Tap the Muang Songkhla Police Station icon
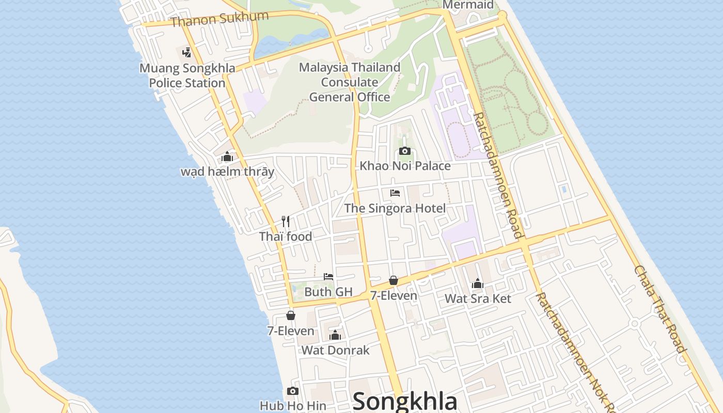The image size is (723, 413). click(187, 52)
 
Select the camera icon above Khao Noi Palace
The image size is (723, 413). click(405, 151)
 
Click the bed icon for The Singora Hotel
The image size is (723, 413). click(395, 193)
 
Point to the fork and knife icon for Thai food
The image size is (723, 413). click(286, 221)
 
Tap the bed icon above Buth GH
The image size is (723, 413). click(328, 277)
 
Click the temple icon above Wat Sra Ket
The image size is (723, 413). click(478, 283)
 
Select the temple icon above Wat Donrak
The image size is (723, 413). click(335, 336)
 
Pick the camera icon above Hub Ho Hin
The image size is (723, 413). click(293, 391)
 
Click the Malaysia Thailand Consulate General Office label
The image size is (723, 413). click(350, 82)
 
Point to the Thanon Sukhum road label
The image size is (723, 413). click(219, 19)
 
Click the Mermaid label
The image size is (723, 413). click(468, 5)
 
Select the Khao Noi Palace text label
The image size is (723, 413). click(405, 166)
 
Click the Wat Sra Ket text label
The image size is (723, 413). click(478, 298)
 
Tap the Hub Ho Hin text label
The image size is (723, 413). click(293, 406)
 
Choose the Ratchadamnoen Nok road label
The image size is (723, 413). click(573, 351)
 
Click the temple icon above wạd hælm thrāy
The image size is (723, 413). click(227, 157)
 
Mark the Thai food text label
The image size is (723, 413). click(286, 236)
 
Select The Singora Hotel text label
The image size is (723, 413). click(395, 208)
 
